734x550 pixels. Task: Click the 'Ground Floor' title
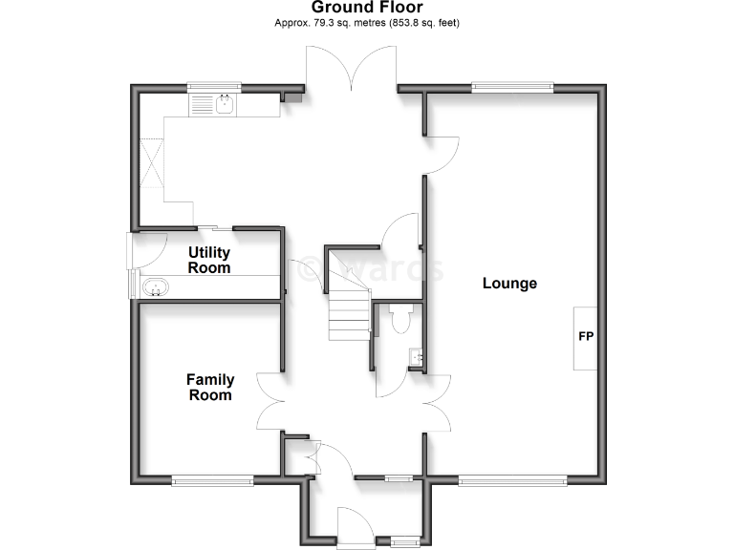pyautogui.click(x=367, y=8)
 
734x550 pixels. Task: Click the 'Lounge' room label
pyautogui.click(x=509, y=284)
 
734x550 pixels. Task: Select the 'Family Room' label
pyautogui.click(x=209, y=387)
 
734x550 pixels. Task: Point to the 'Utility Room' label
pyautogui.click(x=209, y=260)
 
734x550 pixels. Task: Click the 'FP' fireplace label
pyautogui.click(x=585, y=337)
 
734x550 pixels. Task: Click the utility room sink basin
pyautogui.click(x=155, y=287)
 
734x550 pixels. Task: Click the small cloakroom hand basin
pyautogui.click(x=415, y=358)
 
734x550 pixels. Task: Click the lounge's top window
pyautogui.click(x=512, y=88)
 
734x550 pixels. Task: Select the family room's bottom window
pyautogui.click(x=211, y=480)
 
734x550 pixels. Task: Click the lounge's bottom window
pyautogui.click(x=512, y=480)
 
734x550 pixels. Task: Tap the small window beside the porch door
pyautogui.click(x=404, y=541)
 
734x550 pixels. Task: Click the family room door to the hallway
pyautogui.click(x=270, y=401)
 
